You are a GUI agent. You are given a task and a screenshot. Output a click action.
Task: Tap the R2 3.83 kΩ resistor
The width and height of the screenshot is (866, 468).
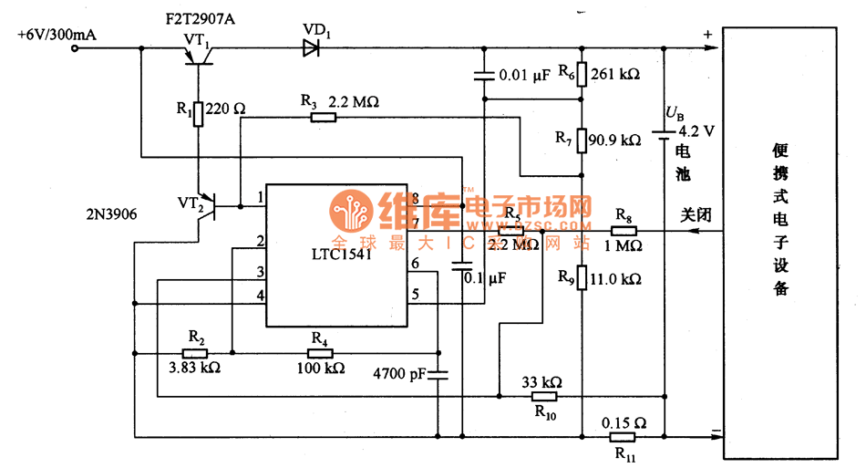(x=195, y=353)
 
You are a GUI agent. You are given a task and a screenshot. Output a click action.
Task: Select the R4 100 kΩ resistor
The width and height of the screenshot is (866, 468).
(x=320, y=353)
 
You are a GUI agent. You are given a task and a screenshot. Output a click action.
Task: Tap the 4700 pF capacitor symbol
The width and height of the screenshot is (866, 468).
(x=438, y=374)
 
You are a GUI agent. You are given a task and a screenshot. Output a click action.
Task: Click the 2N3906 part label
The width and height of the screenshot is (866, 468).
(x=114, y=214)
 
